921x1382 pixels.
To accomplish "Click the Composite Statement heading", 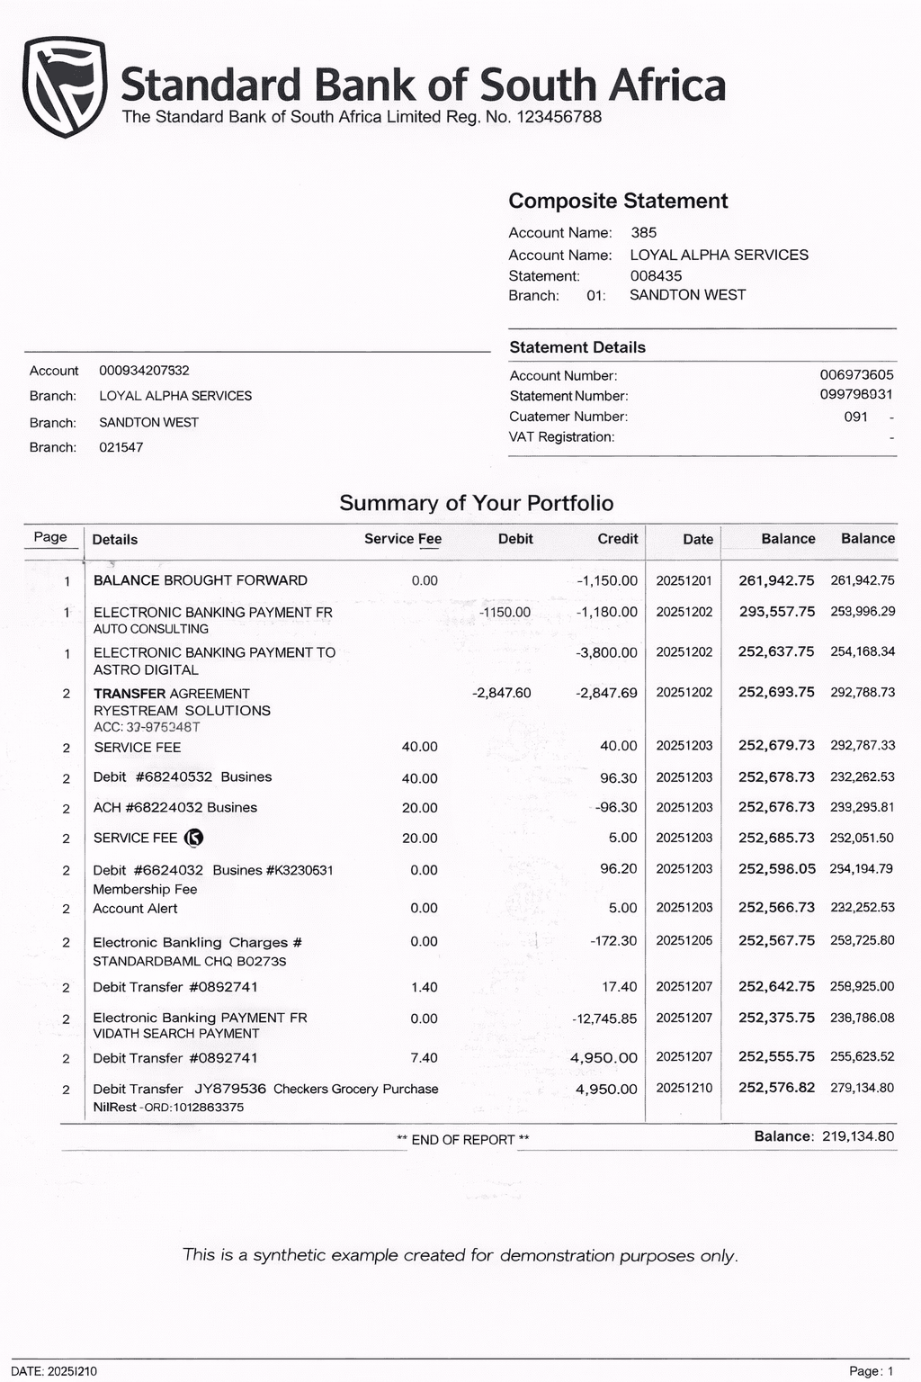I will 618,201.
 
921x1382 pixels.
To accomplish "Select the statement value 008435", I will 656,275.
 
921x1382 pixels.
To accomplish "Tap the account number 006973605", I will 856,374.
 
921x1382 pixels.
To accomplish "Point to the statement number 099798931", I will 855,394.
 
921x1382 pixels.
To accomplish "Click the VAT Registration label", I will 561,436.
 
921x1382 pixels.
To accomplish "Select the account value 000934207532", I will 144,370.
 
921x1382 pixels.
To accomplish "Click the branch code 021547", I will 121,447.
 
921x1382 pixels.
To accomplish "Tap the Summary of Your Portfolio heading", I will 476,503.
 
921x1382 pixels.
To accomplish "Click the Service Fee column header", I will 402,539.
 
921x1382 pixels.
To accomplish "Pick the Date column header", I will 697,539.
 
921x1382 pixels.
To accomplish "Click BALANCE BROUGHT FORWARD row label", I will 200,580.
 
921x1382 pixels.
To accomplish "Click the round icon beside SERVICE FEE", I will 193,838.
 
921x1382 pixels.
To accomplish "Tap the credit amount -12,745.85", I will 604,1019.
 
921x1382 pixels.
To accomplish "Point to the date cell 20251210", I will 684,1088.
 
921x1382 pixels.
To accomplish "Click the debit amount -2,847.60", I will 501,693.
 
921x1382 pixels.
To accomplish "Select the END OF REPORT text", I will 462,1139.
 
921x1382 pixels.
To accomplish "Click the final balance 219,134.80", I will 858,1136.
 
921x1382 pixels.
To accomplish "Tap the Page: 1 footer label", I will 871,1371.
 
